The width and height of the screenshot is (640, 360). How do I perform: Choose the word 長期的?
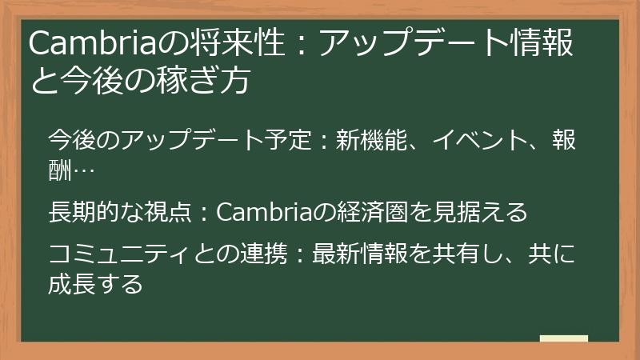click(88, 212)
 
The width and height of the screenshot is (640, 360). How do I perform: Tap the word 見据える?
click(481, 212)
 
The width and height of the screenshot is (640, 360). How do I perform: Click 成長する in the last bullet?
click(96, 283)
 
